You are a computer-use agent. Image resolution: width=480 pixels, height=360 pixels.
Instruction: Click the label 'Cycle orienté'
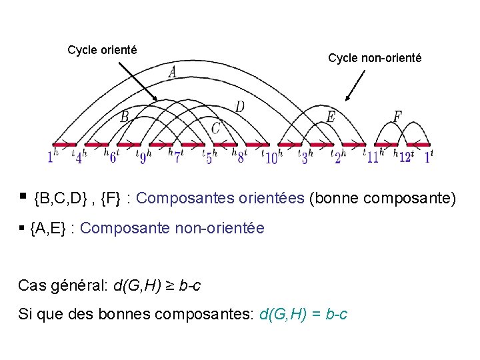(x=102, y=50)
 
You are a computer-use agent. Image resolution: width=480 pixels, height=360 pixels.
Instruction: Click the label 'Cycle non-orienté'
(x=374, y=59)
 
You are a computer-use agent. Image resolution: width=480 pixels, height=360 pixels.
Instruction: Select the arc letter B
(x=125, y=117)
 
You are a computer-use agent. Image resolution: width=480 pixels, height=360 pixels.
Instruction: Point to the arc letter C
(x=216, y=127)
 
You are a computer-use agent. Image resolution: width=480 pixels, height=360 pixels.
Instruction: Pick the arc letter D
(x=239, y=106)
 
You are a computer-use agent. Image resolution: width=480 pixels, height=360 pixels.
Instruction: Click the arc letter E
(x=331, y=117)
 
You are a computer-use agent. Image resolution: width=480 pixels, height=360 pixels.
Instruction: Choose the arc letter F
(x=397, y=117)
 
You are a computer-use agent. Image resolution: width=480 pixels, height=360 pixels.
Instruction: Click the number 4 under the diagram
(x=79, y=159)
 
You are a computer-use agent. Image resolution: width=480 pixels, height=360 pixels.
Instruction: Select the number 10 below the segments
(x=271, y=159)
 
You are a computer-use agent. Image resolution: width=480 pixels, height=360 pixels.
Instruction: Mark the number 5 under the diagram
(x=209, y=159)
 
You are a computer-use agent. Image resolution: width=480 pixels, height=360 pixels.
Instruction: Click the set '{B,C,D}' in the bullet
(x=64, y=198)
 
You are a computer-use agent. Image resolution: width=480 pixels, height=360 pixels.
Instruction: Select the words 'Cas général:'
(x=62, y=286)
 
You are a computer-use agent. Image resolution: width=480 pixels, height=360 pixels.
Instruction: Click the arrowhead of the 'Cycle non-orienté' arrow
(x=347, y=99)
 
